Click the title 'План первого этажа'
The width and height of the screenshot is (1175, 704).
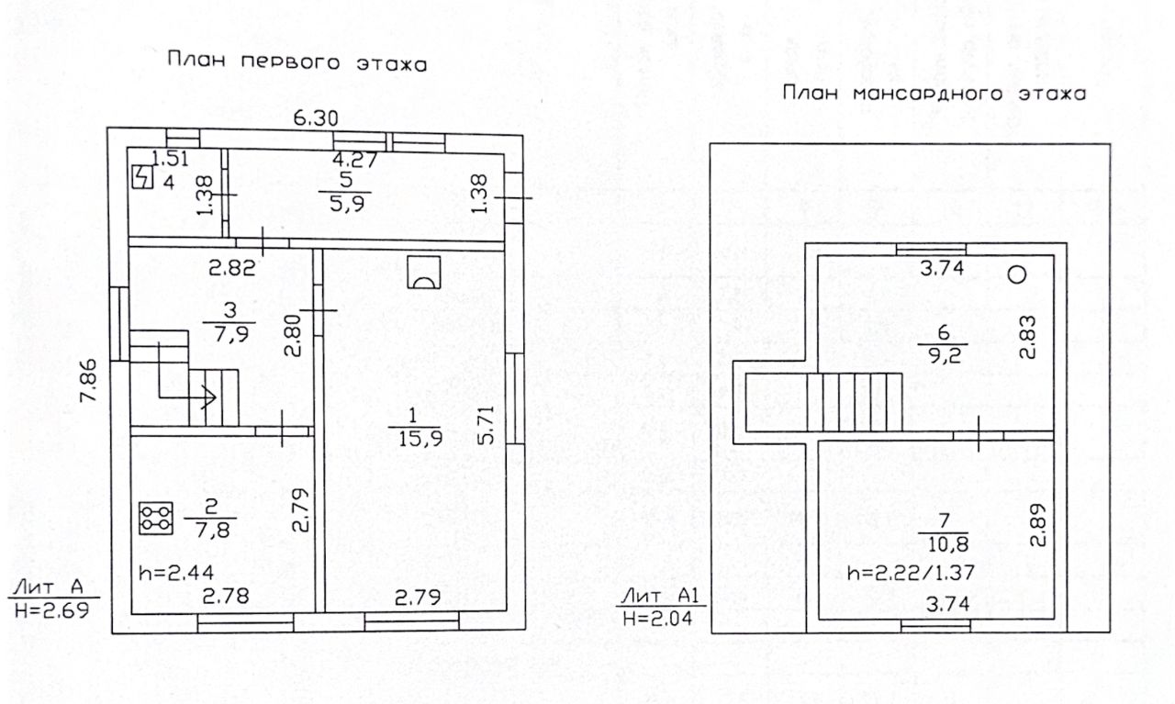pos(297,63)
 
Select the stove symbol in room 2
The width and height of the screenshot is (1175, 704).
pos(155,518)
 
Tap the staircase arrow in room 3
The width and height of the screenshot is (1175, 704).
pos(207,397)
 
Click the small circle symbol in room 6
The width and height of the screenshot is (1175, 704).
pos(1016,274)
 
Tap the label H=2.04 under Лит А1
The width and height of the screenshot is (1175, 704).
pos(661,618)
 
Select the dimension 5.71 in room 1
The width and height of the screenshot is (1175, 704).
pos(486,425)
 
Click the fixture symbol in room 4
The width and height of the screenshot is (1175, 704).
pos(142,176)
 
